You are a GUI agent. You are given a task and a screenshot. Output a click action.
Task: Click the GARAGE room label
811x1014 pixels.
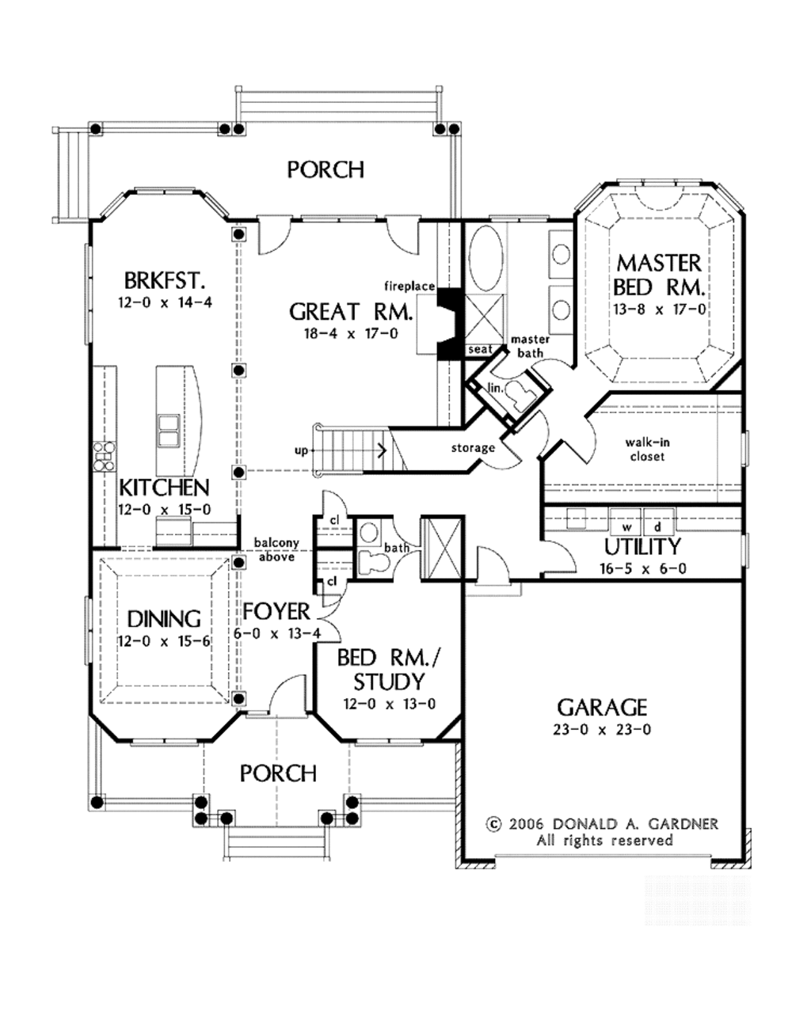(x=602, y=707)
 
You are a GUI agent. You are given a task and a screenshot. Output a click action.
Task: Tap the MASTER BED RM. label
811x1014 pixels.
(x=659, y=274)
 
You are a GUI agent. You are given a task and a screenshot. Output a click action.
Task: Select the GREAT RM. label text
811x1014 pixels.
(x=350, y=311)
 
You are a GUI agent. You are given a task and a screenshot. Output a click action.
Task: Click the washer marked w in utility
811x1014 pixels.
(x=626, y=526)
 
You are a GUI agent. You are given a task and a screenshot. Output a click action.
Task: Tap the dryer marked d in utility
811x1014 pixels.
(x=657, y=526)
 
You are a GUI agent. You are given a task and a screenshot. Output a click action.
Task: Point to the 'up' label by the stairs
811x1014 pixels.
(x=301, y=451)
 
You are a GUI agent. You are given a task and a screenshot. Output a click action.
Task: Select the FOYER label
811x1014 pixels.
(x=276, y=611)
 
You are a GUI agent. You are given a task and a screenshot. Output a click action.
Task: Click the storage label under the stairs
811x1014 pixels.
(x=473, y=448)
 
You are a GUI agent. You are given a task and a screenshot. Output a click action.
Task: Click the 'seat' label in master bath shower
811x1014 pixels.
(x=480, y=349)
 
